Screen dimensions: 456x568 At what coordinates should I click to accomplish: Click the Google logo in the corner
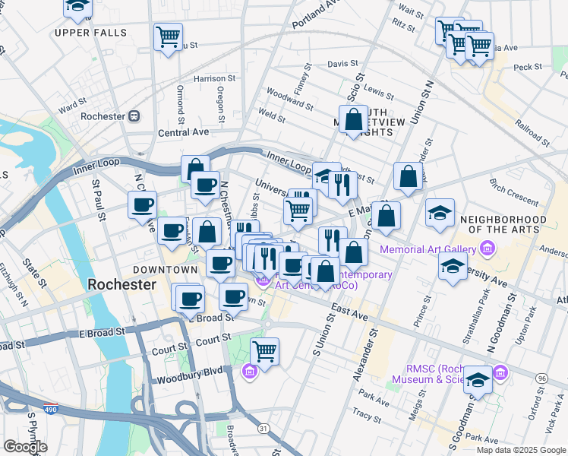[25, 447]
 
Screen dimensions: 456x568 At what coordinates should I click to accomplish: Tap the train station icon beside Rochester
[134, 116]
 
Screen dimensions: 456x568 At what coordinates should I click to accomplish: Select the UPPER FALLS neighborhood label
[84, 33]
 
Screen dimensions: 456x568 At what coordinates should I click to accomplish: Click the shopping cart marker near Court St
[264, 351]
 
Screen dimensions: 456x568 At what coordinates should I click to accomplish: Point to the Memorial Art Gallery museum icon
[486, 249]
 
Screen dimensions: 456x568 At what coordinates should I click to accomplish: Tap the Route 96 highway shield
[541, 378]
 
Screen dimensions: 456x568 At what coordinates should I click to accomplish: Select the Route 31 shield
[262, 429]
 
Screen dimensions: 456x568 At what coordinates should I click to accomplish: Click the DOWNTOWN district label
[165, 270]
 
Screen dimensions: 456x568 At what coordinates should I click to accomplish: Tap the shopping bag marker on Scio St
[353, 119]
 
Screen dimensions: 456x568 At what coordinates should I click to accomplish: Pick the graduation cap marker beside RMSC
[478, 379]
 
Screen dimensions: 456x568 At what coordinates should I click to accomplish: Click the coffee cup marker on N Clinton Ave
[143, 204]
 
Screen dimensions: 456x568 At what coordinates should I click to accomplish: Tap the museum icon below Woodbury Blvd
[248, 371]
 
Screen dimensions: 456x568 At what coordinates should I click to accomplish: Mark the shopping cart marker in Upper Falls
[168, 36]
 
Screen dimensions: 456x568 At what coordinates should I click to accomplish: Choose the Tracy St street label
[367, 416]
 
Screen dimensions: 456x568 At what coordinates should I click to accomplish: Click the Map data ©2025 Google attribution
[521, 450]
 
